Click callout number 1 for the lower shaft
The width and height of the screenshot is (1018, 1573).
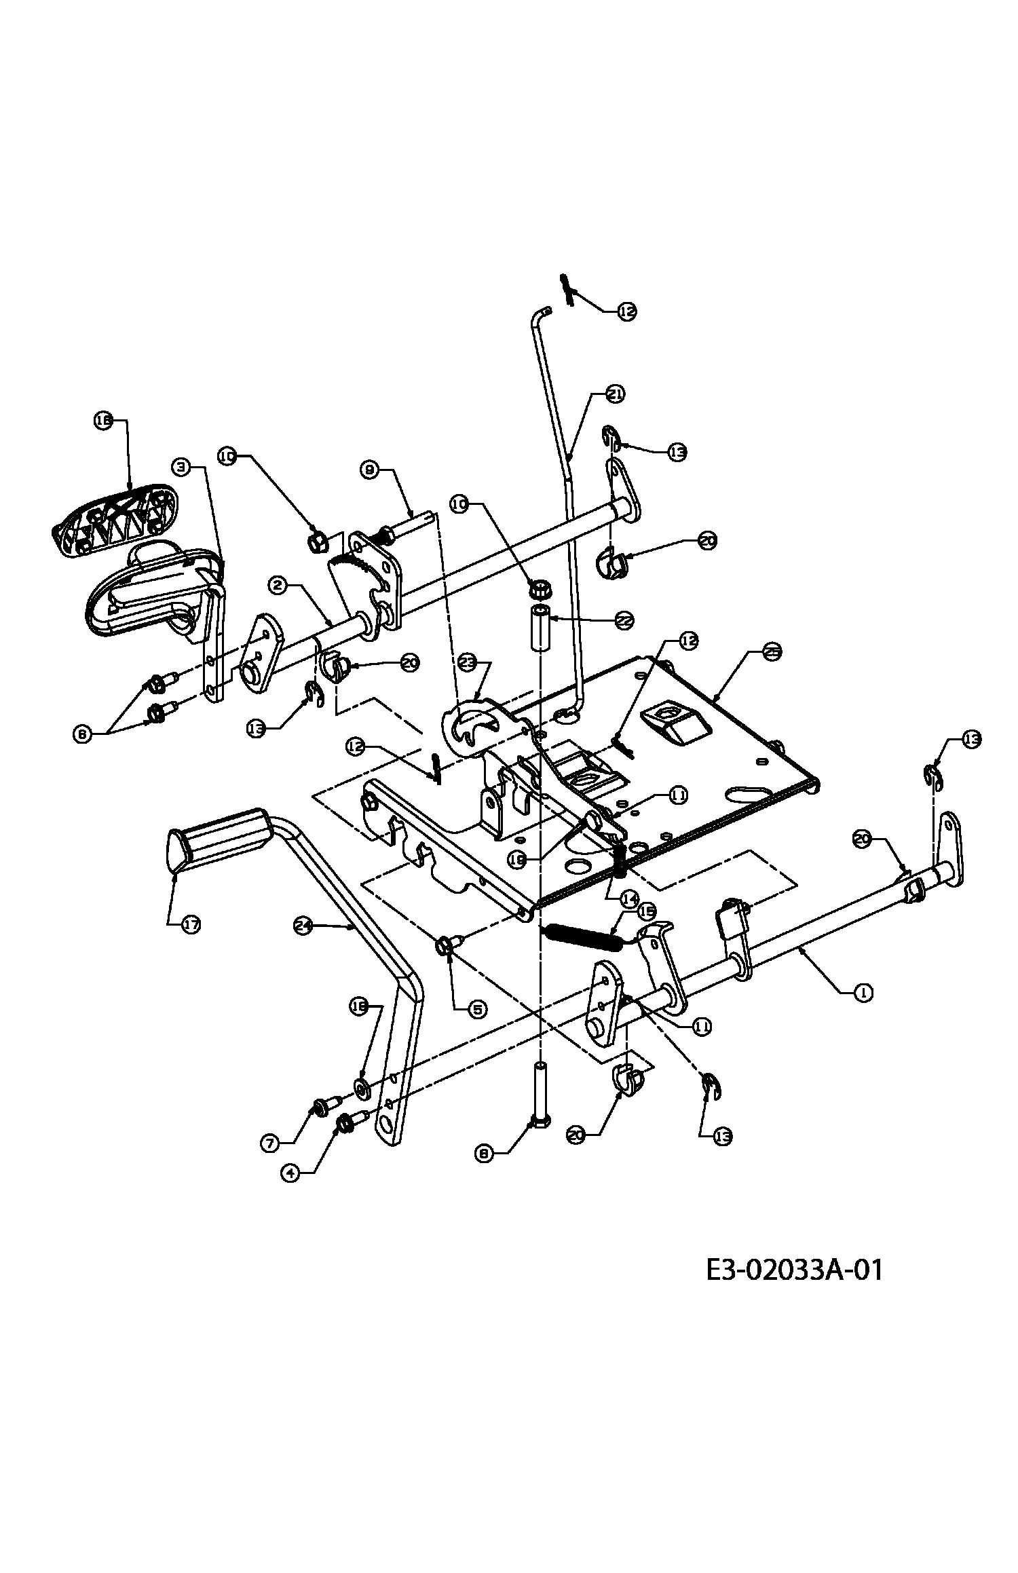pos(863,992)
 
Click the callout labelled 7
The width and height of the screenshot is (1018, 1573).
pos(269,1143)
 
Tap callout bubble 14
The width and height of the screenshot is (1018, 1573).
pos(628,899)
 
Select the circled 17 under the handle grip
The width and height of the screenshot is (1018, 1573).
pos(190,924)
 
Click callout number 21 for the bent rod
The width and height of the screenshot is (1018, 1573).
pos(615,394)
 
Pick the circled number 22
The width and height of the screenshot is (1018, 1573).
pos(624,619)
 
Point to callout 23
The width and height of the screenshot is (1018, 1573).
pos(466,662)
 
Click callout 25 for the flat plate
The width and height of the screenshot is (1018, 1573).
pos(772,651)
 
